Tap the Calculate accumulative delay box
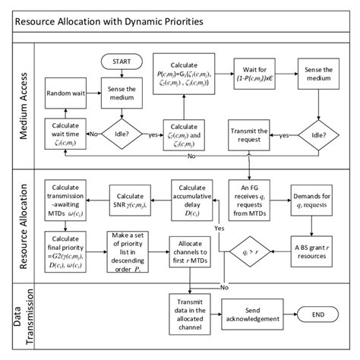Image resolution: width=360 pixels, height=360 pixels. click(191, 199)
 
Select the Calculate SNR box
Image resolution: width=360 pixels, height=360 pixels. click(133, 199)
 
